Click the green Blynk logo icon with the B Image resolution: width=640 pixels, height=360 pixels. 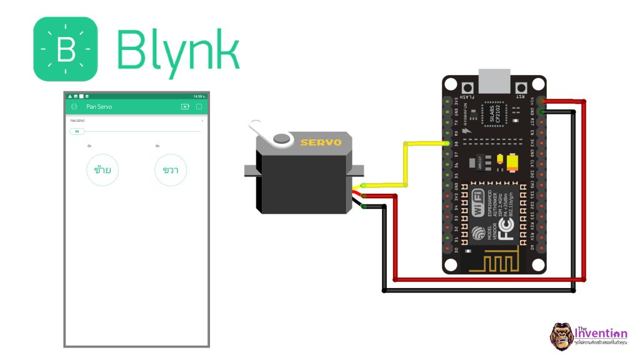pyautogui.click(x=66, y=49)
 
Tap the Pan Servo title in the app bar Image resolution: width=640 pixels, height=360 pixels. pyautogui.click(x=99, y=107)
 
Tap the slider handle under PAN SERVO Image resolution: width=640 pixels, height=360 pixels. pyautogui.click(x=77, y=131)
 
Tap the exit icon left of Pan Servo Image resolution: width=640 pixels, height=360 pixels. pyautogui.click(x=74, y=107)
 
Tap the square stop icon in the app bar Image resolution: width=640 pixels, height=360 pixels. pyautogui.click(x=199, y=107)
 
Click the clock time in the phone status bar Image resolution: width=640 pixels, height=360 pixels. pyautogui.click(x=198, y=96)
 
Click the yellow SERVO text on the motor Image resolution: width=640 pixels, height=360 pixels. pyautogui.click(x=321, y=142)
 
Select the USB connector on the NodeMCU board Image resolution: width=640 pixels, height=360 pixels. pyautogui.click(x=494, y=79)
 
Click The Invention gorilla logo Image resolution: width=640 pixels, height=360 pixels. pyautogui.click(x=561, y=336)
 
